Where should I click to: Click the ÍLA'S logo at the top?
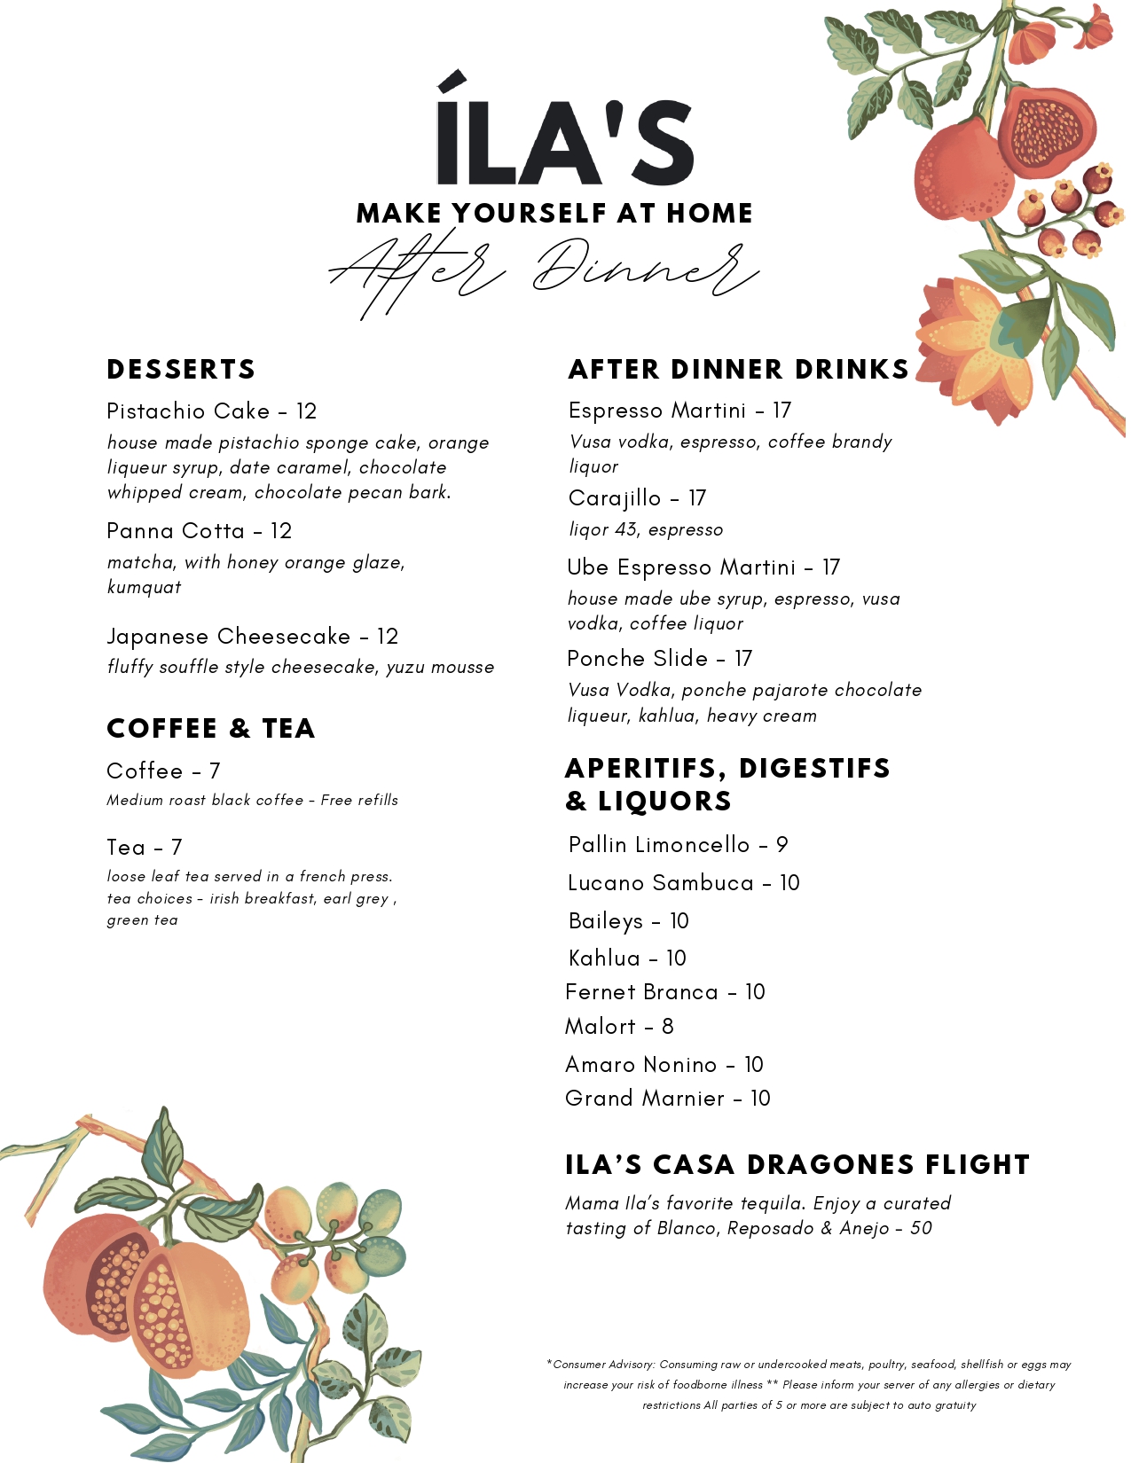(564, 133)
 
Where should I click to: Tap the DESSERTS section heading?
(181, 370)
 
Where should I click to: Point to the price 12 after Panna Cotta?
(281, 531)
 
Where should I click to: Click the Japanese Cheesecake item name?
(229, 637)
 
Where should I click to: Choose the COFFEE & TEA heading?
(211, 729)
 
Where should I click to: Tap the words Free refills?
(359, 801)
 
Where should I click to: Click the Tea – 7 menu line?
(144, 848)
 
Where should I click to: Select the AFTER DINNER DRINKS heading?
(739, 370)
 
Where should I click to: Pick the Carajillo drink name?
(615, 498)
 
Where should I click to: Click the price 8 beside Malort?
(668, 1027)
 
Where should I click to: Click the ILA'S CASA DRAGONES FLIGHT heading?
(797, 1165)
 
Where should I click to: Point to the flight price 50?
(922, 1229)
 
